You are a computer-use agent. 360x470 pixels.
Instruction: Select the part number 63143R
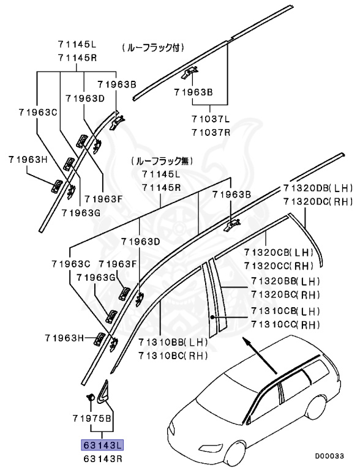pyautogui.click(x=99, y=457)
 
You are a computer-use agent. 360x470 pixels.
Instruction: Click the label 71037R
pyautogui.click(x=210, y=132)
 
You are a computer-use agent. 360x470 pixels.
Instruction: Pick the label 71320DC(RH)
pyautogui.click(x=318, y=201)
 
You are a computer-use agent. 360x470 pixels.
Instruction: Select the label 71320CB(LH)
pyautogui.click(x=279, y=252)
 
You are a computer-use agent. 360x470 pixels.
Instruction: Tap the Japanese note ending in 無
pyautogui.click(x=161, y=161)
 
